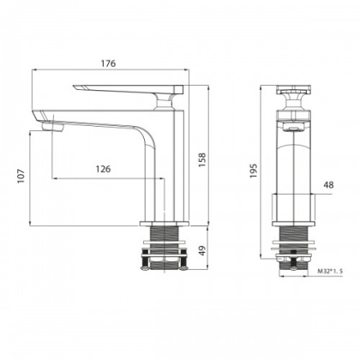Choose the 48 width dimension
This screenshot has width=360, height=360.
[x=329, y=183]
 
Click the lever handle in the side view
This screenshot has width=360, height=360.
[x=129, y=90]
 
